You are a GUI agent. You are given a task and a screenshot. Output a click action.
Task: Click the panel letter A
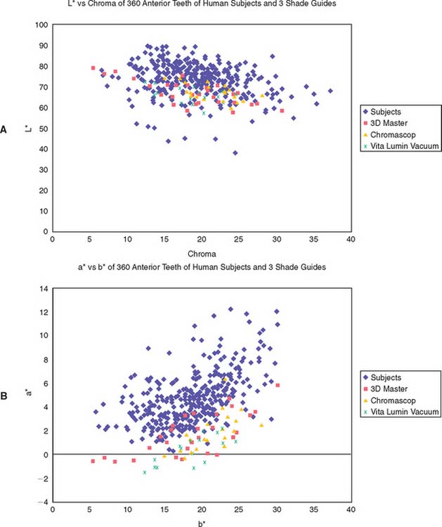[5, 129]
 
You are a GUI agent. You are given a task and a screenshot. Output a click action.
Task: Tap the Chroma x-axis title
[201, 252]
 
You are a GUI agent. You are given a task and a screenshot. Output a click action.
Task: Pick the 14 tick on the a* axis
[44, 289]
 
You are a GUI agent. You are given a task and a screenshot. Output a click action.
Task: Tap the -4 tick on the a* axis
[44, 502]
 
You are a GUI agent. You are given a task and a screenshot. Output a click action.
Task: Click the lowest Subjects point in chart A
[235, 152]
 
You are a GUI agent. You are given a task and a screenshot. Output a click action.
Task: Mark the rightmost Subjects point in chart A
[330, 91]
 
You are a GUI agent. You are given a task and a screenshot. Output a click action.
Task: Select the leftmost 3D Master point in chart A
[93, 67]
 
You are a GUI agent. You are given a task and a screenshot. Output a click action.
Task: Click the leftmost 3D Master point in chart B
[93, 461]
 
